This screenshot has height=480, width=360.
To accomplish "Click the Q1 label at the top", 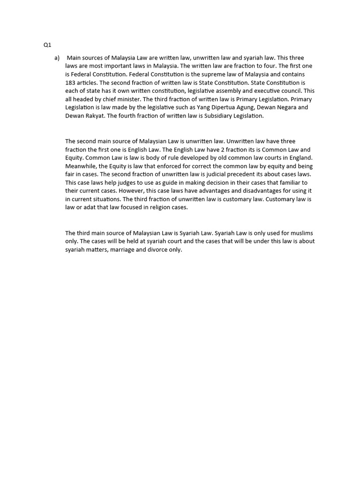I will pos(47,45).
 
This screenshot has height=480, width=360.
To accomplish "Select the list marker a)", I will pos(57,58).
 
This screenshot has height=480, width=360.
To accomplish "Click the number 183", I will pos(70,82).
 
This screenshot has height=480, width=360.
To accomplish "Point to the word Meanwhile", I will pos(80,166).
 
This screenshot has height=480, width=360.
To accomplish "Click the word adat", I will pos(88,208).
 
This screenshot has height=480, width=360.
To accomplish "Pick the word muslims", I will pos(300,233).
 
